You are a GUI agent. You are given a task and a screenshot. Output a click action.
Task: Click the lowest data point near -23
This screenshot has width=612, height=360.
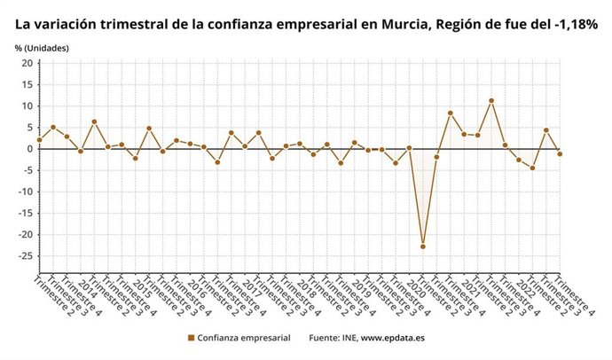click(423, 246)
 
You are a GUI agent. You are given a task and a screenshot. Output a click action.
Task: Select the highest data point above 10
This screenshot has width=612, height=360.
click(491, 100)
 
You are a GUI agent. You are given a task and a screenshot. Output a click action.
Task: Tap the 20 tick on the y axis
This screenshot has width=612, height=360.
click(27, 63)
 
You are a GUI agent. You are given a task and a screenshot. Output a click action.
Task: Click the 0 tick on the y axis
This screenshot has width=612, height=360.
click(29, 149)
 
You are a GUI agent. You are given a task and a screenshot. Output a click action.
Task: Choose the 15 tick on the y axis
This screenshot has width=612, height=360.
click(27, 84)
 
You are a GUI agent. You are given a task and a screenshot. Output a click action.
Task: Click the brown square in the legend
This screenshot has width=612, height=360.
click(191, 338)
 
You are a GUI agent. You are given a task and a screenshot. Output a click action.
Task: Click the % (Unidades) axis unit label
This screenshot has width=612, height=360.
click(42, 47)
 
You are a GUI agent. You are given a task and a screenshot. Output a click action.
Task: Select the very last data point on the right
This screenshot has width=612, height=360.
click(560, 153)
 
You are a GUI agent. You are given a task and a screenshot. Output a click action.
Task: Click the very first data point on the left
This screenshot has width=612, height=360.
click(39, 140)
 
